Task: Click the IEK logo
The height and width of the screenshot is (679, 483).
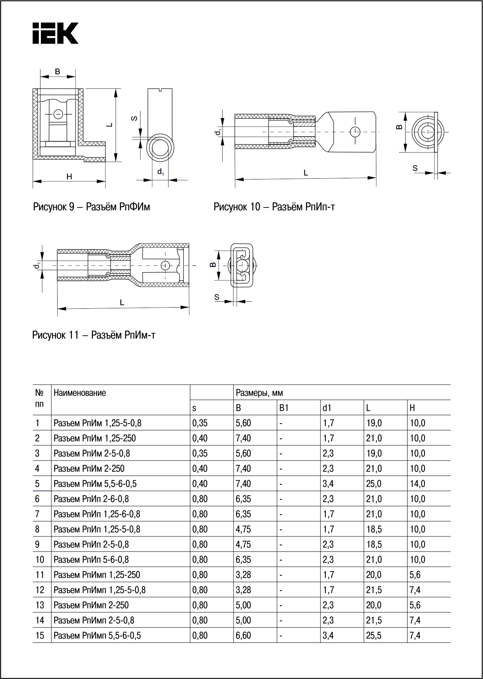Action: pos(55,33)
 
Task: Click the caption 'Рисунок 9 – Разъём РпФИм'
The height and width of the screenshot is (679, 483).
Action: pos(91,207)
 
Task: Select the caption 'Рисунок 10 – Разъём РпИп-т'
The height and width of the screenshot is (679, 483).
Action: pos(274,207)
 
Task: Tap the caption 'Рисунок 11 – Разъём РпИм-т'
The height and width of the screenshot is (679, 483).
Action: pos(94,335)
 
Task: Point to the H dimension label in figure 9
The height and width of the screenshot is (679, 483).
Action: pos(69,177)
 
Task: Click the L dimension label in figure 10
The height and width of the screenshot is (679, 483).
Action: pos(306,173)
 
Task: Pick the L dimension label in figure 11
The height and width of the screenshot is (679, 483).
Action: pos(122,303)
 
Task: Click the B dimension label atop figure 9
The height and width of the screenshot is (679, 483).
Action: pos(58,72)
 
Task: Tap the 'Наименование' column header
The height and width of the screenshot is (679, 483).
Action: pos(80,393)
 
